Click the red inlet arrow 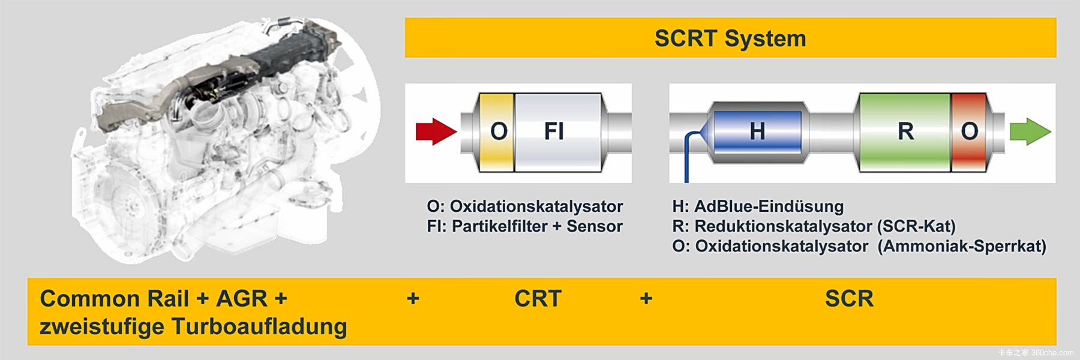[x=436, y=131]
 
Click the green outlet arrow [x=1030, y=131]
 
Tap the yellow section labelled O [x=497, y=131]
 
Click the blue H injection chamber [x=757, y=131]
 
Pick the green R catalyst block [x=905, y=131]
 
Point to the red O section [x=969, y=131]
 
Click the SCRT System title [x=730, y=38]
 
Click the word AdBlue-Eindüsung [x=769, y=206]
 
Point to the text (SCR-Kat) [x=916, y=226]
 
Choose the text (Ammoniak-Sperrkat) [x=962, y=246]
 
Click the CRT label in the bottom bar [x=538, y=298]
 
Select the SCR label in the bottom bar [x=849, y=298]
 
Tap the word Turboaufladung [x=259, y=326]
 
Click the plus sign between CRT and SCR [x=646, y=298]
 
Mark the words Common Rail [x=114, y=298]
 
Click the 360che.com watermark [x=1052, y=353]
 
